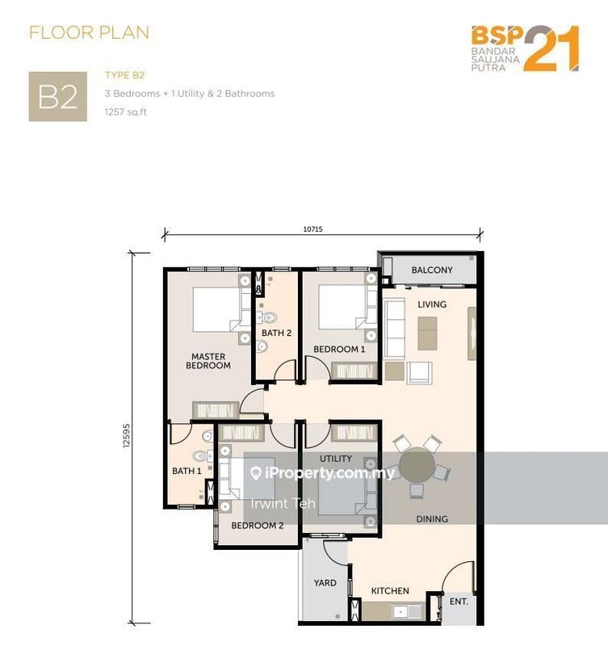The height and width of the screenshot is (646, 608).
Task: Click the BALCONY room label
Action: pos(432,270)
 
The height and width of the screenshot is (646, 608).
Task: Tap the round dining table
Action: pos(417,465)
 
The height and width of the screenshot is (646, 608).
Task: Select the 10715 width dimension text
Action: pos(312,229)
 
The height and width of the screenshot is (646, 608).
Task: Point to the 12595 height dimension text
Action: pos(126,435)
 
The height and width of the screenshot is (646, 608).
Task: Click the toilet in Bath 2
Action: pos(268,317)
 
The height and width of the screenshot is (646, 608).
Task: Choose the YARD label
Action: pos(325,582)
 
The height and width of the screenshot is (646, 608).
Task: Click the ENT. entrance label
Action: pos(459,602)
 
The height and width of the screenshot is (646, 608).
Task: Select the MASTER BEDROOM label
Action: pos(208,361)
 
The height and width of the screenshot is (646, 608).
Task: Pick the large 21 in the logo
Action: pos(551,48)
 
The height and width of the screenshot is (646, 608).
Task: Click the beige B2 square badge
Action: pos(57,97)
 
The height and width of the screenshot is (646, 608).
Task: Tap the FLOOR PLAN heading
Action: pos(89,32)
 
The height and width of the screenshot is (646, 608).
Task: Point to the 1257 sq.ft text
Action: pos(126,111)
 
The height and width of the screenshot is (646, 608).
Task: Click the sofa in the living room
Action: pos(394,329)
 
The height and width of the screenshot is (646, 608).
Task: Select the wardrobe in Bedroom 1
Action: pos(354,371)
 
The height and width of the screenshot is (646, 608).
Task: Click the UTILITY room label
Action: pos(336,459)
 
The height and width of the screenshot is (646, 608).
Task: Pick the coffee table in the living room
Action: pos(428,333)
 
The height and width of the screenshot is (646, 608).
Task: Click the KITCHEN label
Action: pos(390,591)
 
